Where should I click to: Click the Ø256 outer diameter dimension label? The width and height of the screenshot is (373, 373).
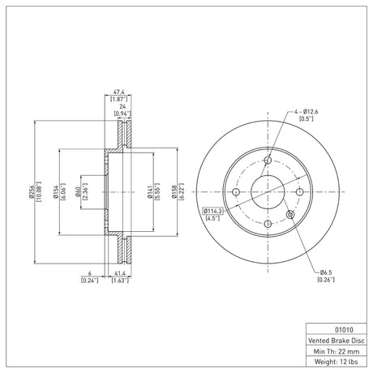pos(32,192)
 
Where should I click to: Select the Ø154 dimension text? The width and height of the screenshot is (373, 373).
pos(56,192)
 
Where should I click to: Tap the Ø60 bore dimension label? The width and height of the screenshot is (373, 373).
pos(78,192)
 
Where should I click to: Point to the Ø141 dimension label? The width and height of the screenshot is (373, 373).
pos(149,192)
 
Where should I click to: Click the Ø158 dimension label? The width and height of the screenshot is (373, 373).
pos(174,192)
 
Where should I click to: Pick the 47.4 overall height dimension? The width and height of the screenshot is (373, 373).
pos(118,92)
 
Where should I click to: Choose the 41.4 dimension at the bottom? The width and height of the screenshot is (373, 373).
pos(120,274)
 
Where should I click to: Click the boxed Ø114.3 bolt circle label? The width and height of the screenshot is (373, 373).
pos(212,211)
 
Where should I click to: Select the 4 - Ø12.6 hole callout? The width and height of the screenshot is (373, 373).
pos(307,111)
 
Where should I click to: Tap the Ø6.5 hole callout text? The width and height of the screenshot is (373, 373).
pos(327,272)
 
